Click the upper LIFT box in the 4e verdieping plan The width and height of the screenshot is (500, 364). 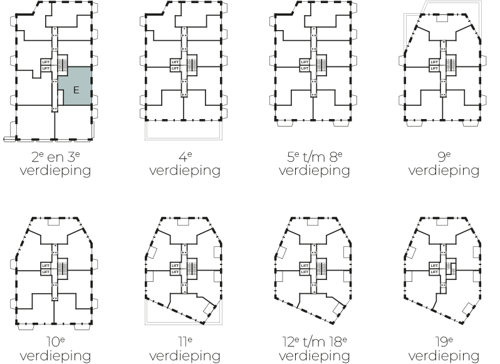coord(175,62)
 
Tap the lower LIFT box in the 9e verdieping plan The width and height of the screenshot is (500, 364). coord(434,68)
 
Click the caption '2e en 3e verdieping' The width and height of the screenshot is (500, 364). coord(56,164)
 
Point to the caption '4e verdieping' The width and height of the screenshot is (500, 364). coord(185,164)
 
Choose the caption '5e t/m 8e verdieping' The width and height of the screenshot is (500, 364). coord(315,164)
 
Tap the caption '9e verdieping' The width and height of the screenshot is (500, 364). coord(444,164)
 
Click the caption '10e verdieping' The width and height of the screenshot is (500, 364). coord(56,350)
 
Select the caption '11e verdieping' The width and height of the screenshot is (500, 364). coord(185,350)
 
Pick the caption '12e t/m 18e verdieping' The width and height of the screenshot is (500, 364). coord(315,350)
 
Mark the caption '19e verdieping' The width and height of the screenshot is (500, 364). coord(444,350)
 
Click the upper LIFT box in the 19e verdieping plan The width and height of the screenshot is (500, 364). coord(434,266)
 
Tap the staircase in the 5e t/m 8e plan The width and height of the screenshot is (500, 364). coord(321,64)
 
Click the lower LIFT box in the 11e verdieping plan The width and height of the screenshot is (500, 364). coord(175,272)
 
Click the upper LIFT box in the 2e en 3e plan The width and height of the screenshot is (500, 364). coord(45,62)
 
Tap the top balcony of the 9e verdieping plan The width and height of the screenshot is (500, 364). coord(442,18)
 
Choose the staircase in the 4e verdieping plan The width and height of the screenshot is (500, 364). coord(192,64)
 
